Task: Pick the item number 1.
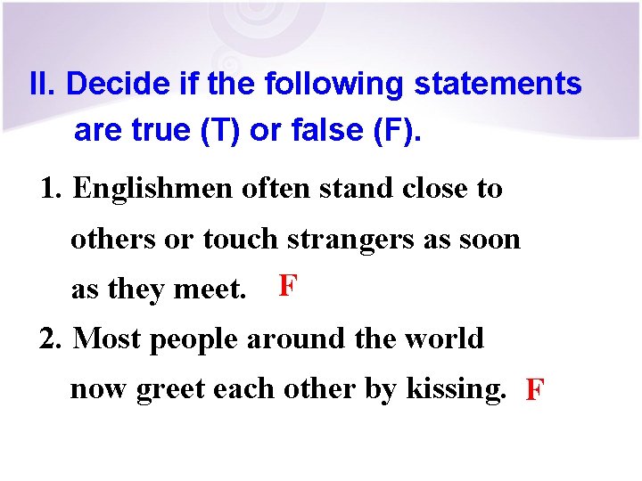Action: pos(52,189)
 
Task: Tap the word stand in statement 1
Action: pos(342,189)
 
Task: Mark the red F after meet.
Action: pos(287,286)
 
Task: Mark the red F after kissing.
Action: pos(535,390)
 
